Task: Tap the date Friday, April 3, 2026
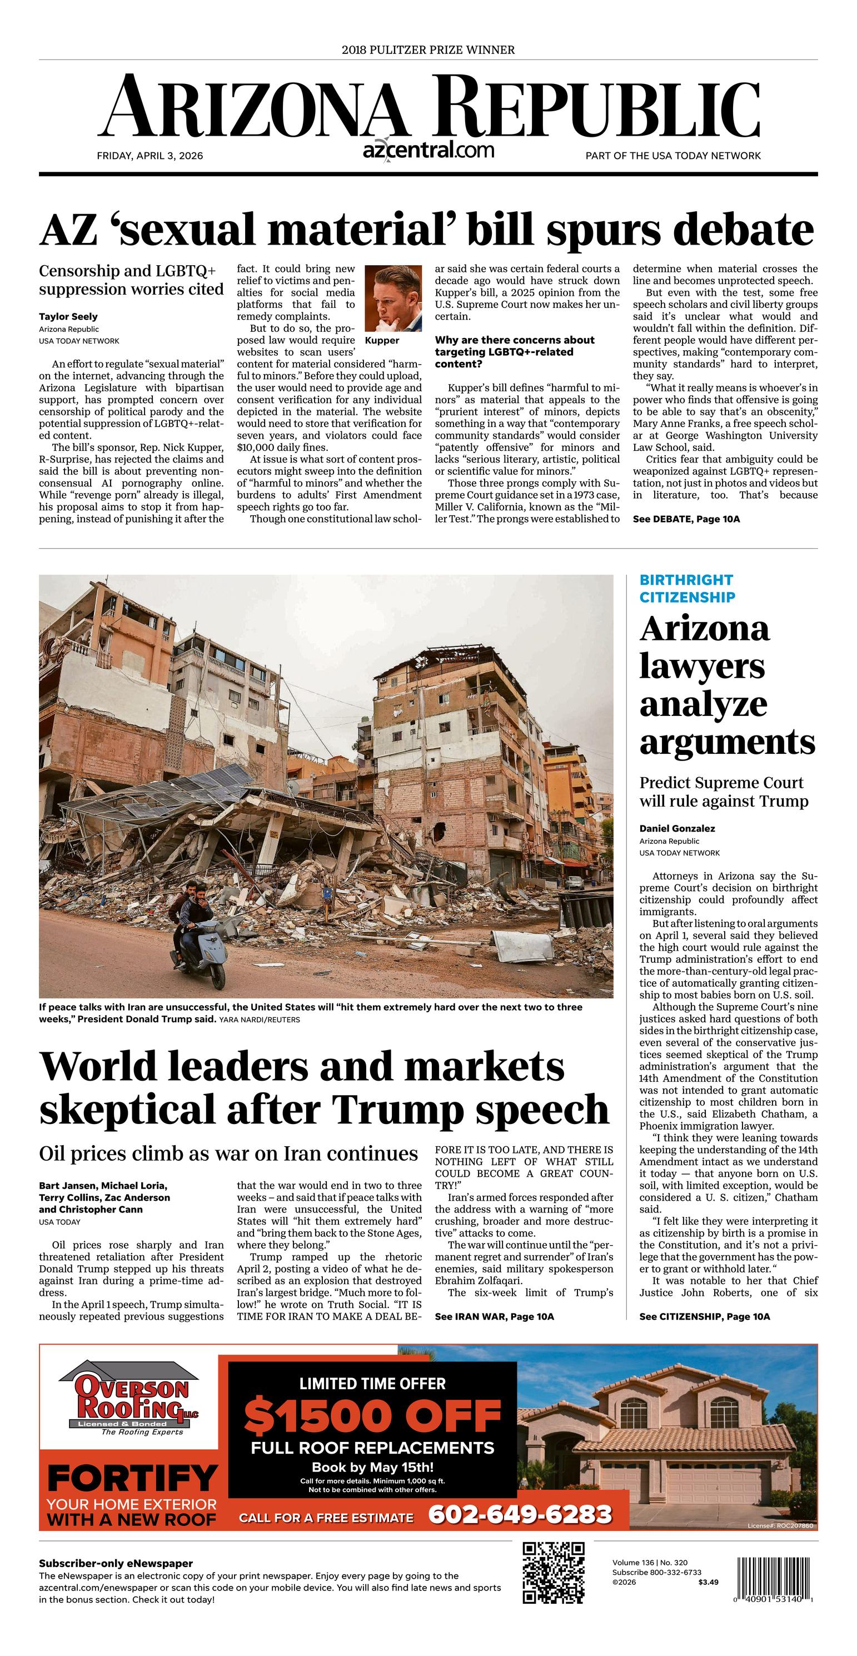pyautogui.click(x=150, y=156)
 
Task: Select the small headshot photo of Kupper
pyautogui.click(x=393, y=297)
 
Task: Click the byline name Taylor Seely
pyautogui.click(x=68, y=316)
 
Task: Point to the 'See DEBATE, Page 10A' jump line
pyautogui.click(x=686, y=519)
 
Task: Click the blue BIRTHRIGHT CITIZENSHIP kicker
pyautogui.click(x=686, y=588)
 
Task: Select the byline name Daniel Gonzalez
pyautogui.click(x=677, y=828)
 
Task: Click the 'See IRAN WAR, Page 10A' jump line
pyautogui.click(x=494, y=1316)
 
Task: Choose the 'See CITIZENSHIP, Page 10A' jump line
pyautogui.click(x=704, y=1316)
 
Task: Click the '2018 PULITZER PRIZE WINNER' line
pyautogui.click(x=428, y=49)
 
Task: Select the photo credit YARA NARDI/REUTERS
pyautogui.click(x=259, y=1020)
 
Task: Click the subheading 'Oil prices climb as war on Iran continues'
pyautogui.click(x=228, y=1153)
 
